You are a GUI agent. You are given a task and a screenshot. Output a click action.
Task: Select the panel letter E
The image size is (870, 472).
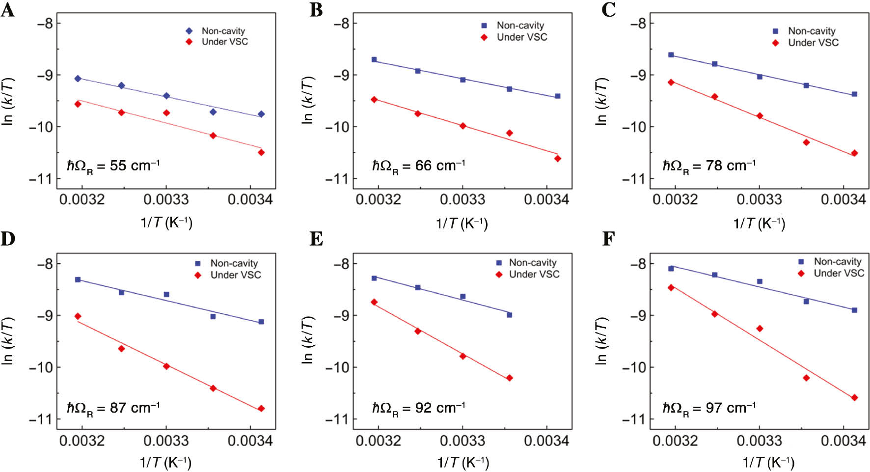316,239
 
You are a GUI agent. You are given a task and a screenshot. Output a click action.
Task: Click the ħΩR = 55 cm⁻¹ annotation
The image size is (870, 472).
113,166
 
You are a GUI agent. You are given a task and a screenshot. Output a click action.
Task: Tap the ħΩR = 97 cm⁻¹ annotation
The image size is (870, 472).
709,408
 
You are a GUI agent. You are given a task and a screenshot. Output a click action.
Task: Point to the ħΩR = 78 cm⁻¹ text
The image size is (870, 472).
709,166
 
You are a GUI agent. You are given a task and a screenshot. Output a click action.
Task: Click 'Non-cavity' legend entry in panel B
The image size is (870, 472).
520,25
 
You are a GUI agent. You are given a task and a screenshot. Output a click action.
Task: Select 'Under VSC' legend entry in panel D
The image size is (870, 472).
236,275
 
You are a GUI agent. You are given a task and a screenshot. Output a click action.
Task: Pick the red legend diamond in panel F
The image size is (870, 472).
801,274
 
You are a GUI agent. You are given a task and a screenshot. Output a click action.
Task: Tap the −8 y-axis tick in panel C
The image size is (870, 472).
638,23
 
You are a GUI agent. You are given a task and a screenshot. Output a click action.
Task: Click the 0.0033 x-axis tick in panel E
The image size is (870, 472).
462,441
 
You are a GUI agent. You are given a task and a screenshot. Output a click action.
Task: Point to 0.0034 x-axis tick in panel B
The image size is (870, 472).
546,199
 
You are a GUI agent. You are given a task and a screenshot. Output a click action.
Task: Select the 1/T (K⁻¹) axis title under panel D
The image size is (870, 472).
165,462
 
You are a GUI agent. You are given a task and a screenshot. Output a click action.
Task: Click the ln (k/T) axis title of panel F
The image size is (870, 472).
601,341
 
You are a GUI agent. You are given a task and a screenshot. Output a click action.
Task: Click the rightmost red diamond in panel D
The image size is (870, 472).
261,409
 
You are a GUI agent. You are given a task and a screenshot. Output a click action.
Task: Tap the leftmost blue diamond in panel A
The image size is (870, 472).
78,79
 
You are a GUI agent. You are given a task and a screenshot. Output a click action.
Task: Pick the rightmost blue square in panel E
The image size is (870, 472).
510,315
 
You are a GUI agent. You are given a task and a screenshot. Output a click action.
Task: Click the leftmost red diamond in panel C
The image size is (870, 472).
671,83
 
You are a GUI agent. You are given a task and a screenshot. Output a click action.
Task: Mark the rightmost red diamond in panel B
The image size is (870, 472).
558,159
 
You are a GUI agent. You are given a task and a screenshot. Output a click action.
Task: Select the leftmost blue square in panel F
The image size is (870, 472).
671,269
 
